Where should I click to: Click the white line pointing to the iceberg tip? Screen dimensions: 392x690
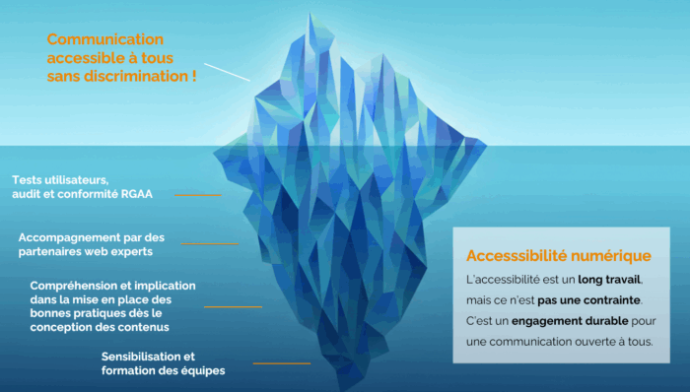pos(228,70)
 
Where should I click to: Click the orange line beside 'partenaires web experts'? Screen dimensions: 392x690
pos(210,244)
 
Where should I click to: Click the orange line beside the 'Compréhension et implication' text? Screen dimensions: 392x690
pos(233,306)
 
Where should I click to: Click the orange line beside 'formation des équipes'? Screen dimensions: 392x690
pos(281,363)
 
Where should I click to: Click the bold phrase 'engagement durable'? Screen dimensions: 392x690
pos(556,321)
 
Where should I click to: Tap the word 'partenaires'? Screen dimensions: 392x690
pos(50,251)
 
